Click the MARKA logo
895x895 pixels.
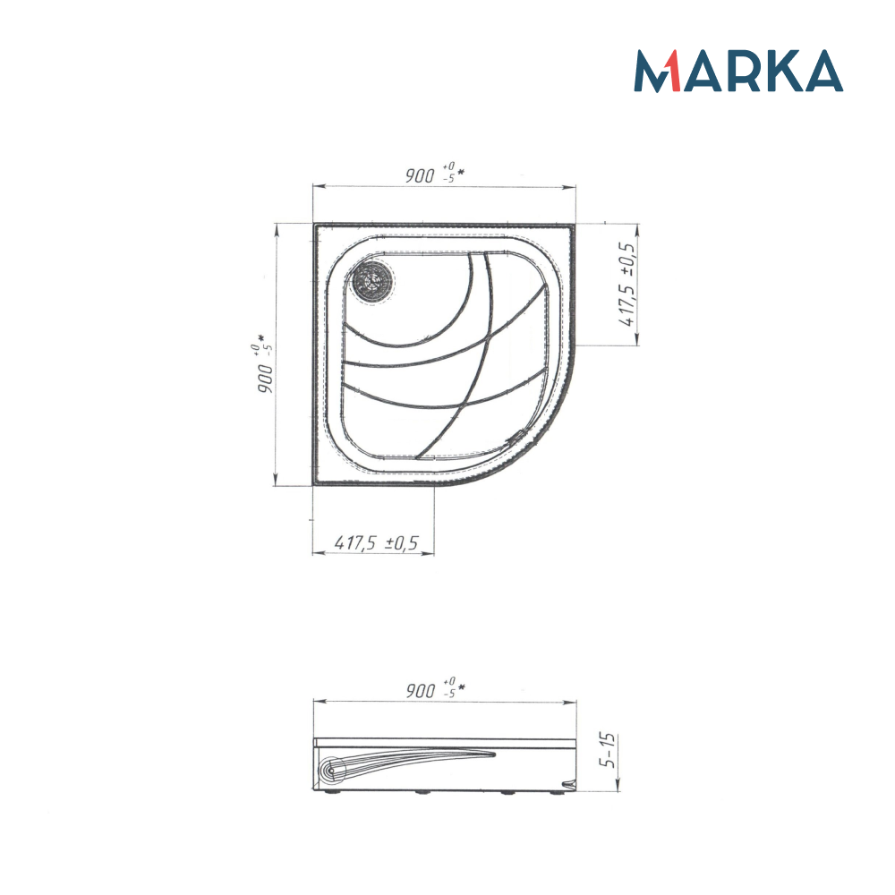tap(738, 71)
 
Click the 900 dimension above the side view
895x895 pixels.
tap(421, 691)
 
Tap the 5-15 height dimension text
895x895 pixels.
tap(609, 752)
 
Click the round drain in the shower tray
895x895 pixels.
tap(371, 279)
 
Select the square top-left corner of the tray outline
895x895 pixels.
tap(316, 226)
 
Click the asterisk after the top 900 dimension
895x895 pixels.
tap(461, 171)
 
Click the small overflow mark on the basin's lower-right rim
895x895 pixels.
tap(516, 436)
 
